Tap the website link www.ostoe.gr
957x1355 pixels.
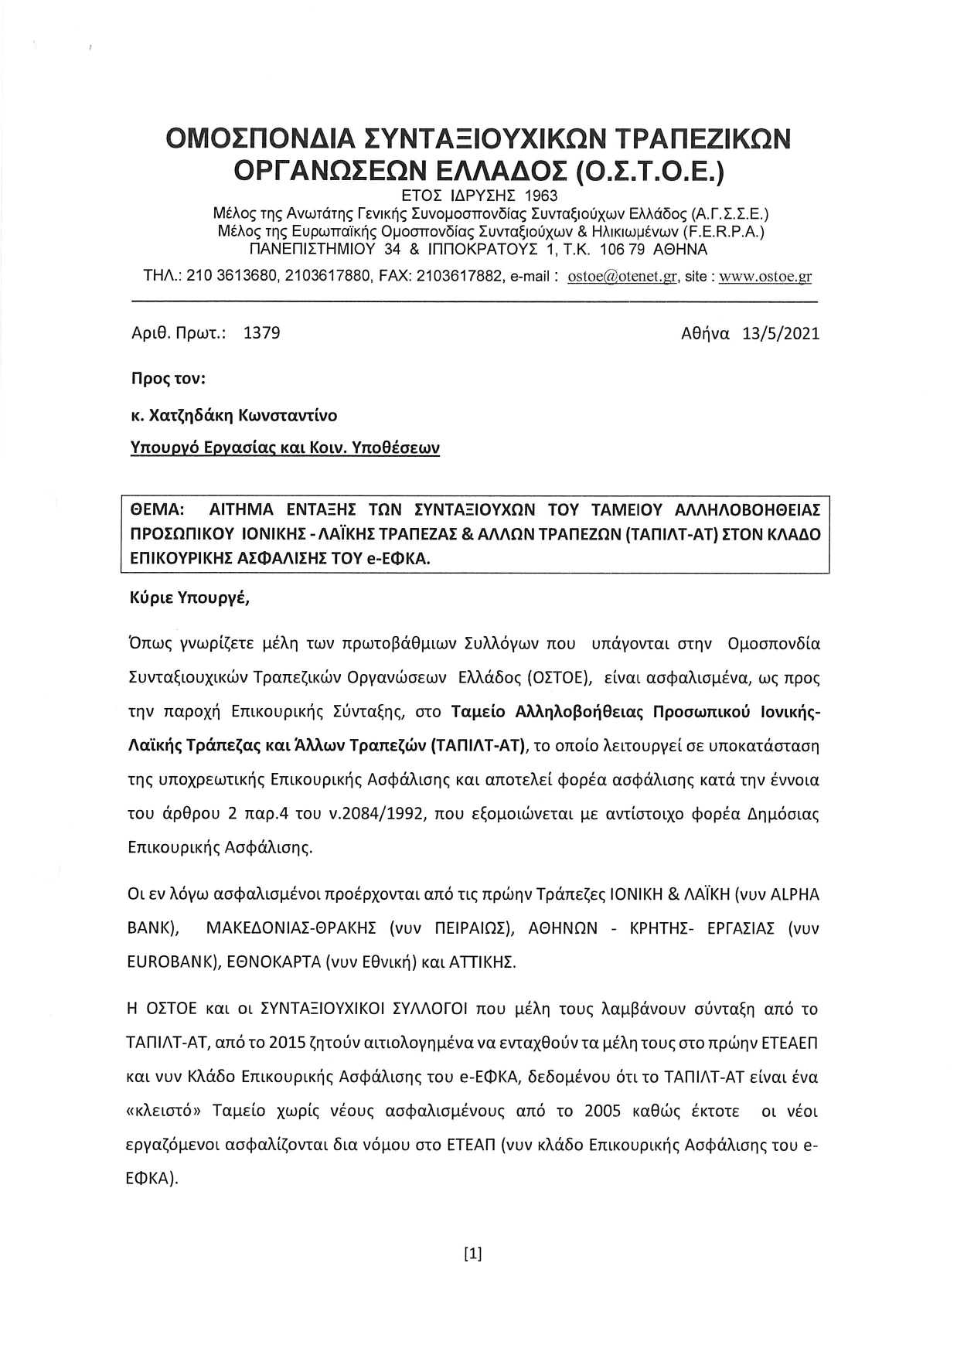click(x=765, y=277)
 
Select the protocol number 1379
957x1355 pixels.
click(x=261, y=333)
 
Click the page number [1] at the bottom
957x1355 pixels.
click(x=472, y=1254)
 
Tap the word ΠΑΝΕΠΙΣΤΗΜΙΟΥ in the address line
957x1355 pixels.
click(x=312, y=250)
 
